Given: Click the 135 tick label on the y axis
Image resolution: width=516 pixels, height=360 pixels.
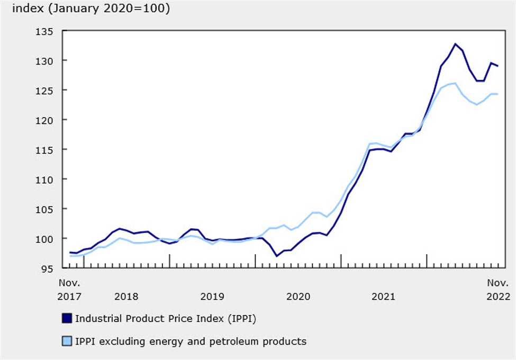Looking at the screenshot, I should click(46, 31).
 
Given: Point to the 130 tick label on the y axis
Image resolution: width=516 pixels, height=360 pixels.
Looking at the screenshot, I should click(46, 61).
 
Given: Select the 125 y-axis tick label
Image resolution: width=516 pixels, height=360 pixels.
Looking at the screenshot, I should click(46, 91).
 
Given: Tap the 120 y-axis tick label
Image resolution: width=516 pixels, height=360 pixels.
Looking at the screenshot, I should click(46, 120).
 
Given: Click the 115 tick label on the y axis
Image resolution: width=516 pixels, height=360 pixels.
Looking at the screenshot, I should click(46, 150).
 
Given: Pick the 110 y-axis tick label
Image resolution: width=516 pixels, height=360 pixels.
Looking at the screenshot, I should click(46, 179).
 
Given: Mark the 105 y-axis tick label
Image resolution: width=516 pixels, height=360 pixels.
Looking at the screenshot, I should click(46, 209).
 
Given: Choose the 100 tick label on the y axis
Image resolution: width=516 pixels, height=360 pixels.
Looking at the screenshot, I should click(46, 239).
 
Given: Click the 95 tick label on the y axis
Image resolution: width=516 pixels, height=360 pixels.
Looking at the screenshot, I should click(48, 268).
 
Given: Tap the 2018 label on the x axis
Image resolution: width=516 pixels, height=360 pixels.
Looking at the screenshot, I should click(126, 296).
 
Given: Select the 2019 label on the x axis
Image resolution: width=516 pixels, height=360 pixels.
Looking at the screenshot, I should click(212, 296).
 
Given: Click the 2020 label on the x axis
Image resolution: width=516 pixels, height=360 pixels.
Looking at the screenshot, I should click(298, 296).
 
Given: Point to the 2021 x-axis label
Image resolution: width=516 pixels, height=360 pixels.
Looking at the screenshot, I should click(384, 296).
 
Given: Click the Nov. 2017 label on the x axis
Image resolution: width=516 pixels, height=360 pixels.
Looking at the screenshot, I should click(69, 290).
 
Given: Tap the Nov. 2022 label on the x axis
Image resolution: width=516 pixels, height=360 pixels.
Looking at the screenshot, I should click(498, 290).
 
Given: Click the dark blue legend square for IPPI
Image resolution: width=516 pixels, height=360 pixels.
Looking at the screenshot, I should click(67, 318).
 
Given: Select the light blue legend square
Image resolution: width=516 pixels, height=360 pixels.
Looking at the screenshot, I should click(67, 341).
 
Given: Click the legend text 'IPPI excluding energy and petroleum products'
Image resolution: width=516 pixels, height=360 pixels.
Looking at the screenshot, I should click(191, 341).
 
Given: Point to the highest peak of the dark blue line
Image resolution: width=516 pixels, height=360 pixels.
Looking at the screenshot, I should click(455, 44).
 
